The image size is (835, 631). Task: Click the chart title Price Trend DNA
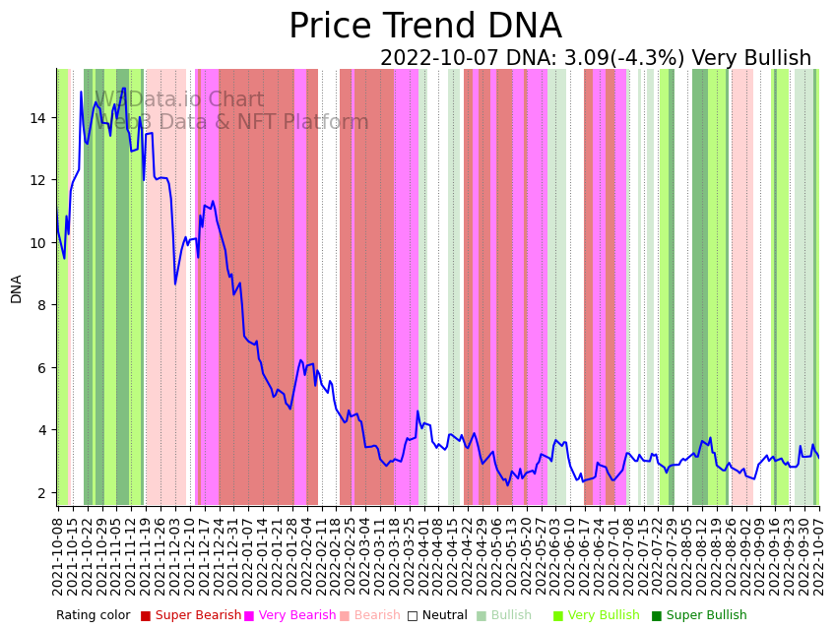tap(424, 27)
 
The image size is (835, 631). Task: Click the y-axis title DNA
tap(16, 288)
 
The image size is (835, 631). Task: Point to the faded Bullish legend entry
tap(511, 615)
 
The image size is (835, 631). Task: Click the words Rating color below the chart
tap(93, 615)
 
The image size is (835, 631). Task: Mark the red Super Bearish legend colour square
tap(146, 615)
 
